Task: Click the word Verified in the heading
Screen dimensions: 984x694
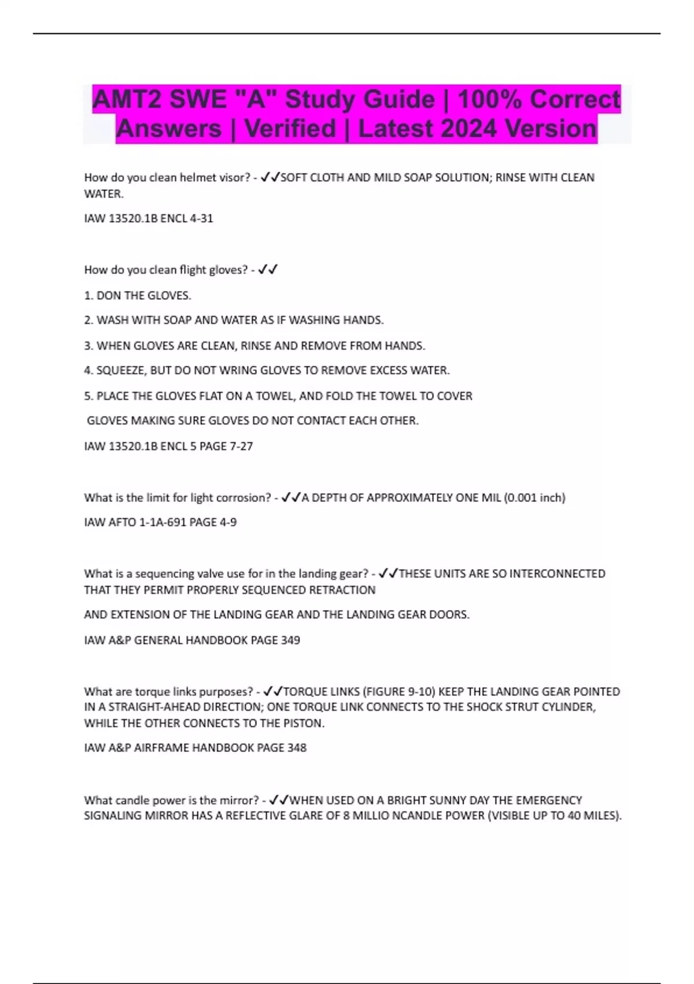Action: tap(290, 128)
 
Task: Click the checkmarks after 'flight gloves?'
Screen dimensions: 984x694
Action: tap(268, 269)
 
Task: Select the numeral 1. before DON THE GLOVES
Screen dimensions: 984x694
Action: tap(88, 295)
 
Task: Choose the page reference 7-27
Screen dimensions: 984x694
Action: tap(239, 446)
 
